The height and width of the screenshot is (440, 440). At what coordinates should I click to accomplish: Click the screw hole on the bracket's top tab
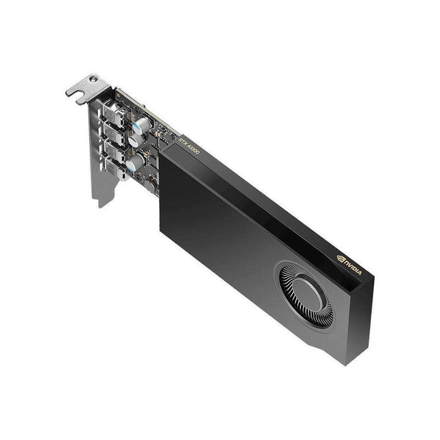click(94, 79)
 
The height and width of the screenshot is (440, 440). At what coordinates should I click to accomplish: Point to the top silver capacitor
click(141, 123)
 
